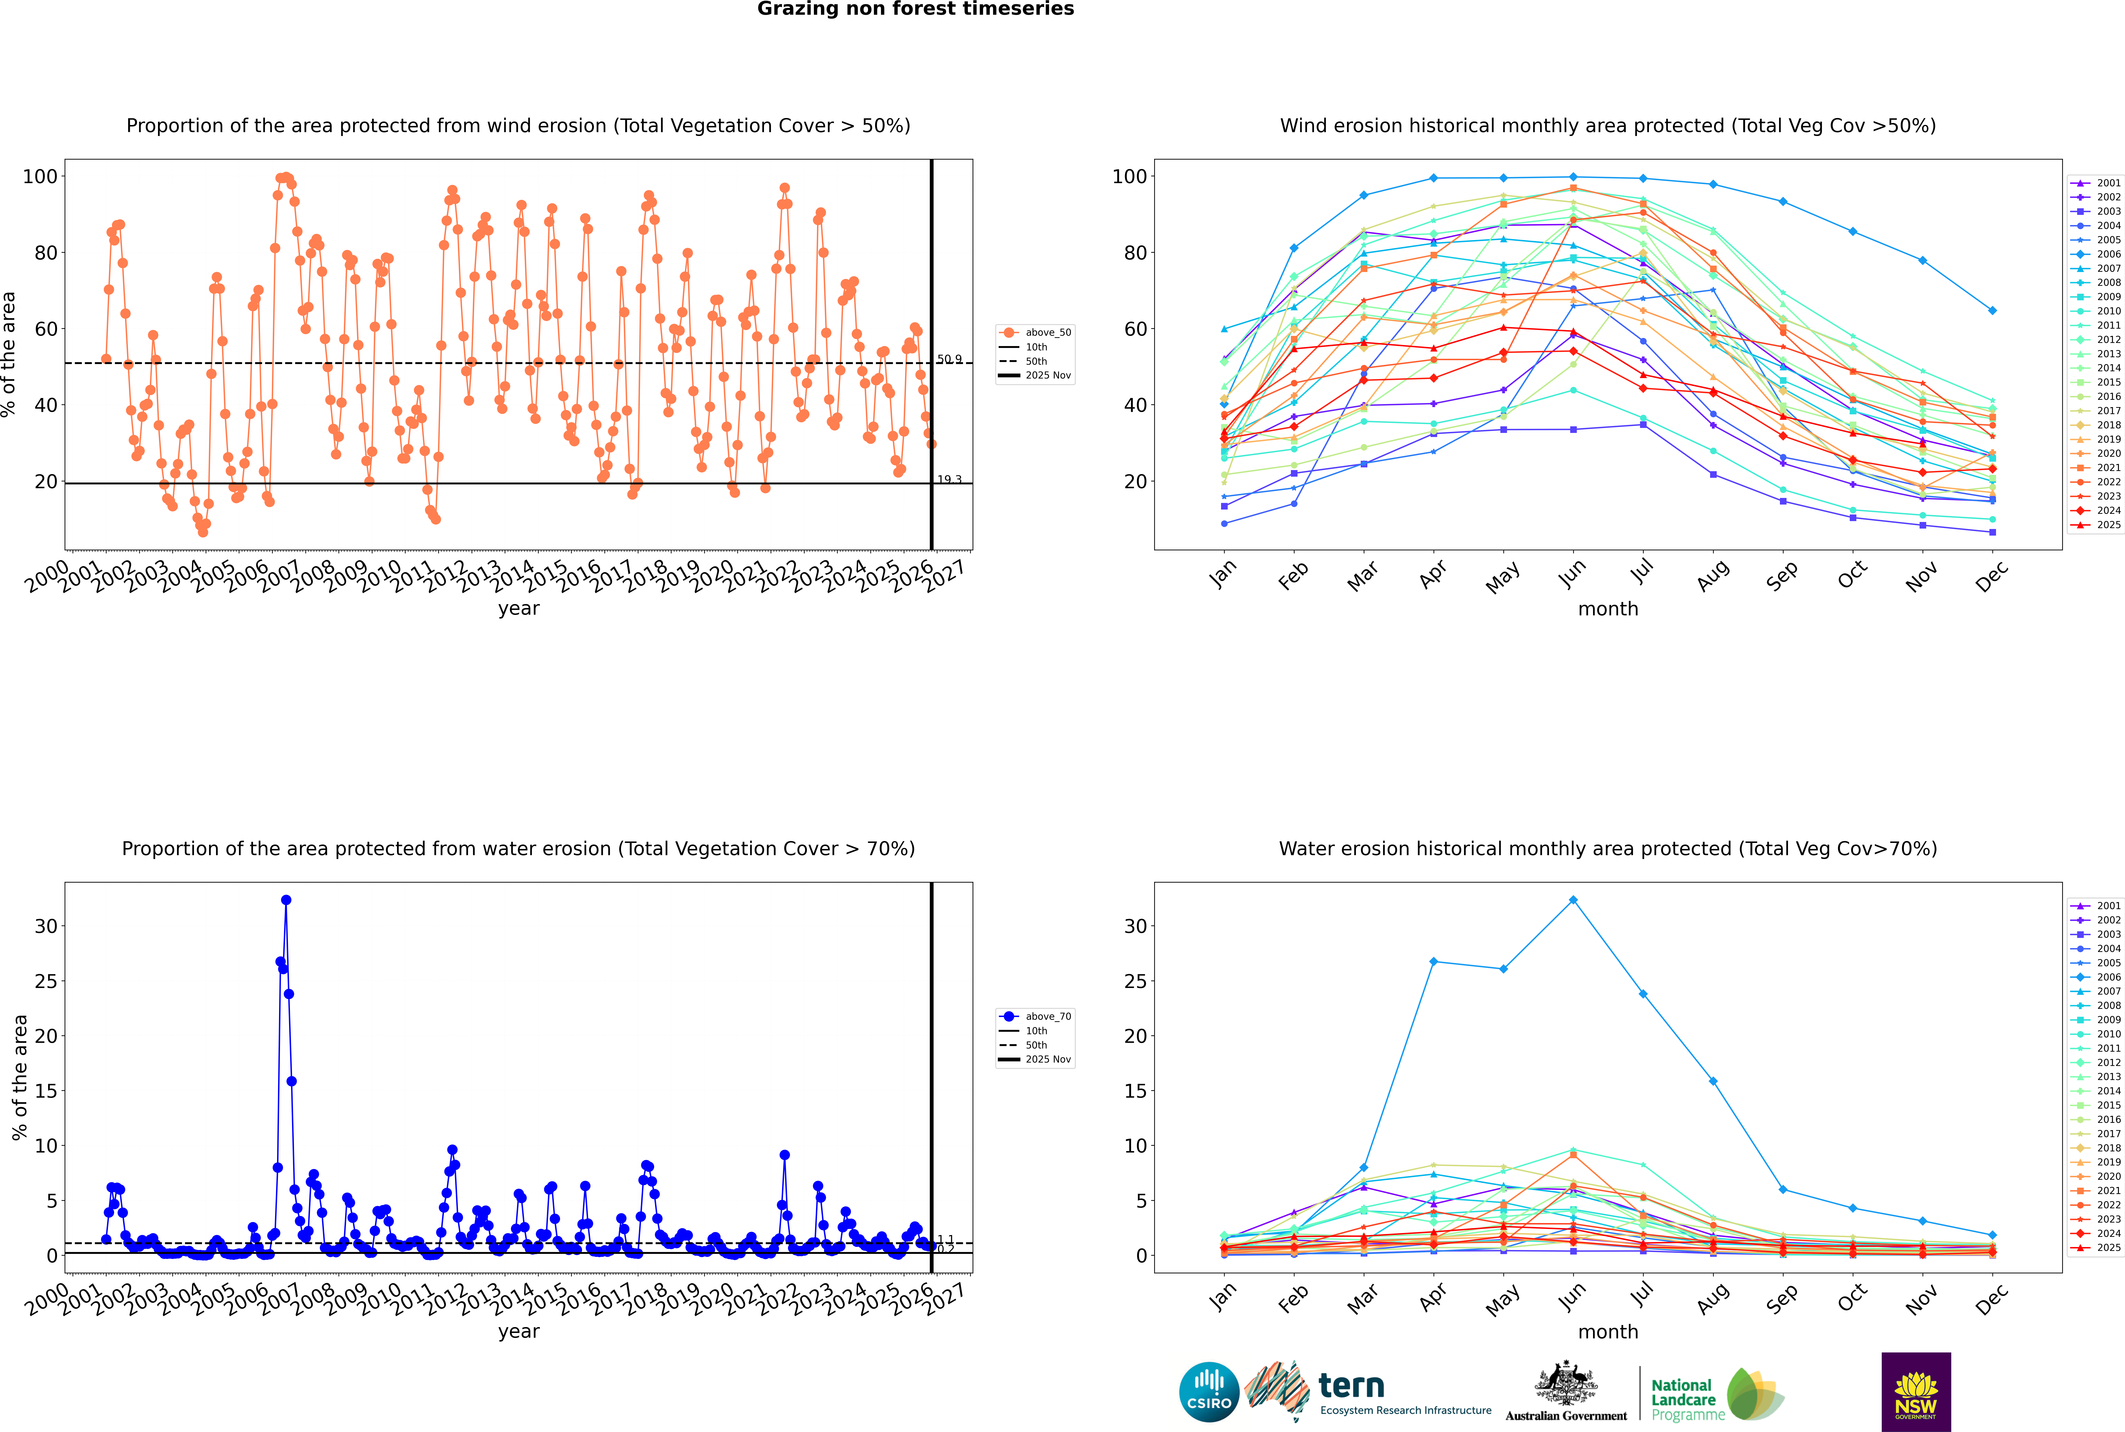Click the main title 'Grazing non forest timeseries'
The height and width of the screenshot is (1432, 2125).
[x=915, y=9]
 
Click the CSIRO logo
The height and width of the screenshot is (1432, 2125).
[x=1209, y=1392]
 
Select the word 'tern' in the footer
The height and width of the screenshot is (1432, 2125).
[x=1351, y=1386]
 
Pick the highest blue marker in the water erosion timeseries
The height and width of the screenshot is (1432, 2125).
[x=286, y=900]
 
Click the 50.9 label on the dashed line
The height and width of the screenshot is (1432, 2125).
[x=949, y=359]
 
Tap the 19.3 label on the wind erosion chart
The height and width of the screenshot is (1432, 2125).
[x=949, y=479]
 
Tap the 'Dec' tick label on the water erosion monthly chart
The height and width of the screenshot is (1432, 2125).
[x=1992, y=1297]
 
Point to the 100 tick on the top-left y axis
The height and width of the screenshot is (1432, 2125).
[x=40, y=176]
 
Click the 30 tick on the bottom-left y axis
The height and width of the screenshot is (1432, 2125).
[x=46, y=926]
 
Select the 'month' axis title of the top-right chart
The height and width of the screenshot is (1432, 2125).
[x=1608, y=609]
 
